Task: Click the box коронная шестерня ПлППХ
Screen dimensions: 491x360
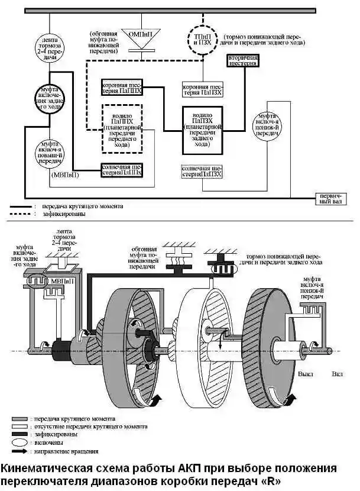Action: [x=122, y=88]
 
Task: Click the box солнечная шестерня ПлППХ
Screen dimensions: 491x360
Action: [x=122, y=170]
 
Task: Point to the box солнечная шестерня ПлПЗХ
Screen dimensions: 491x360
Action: [x=203, y=172]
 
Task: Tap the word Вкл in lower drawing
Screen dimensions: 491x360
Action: [x=337, y=374]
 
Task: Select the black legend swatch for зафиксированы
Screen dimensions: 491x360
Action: [x=21, y=434]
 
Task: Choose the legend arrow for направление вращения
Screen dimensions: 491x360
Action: [x=21, y=451]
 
